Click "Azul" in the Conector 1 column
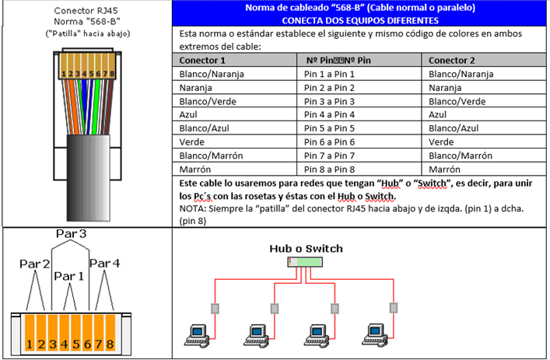coord(190,114)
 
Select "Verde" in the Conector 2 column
coord(441,142)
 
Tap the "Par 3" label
coord(71,233)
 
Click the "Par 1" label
coord(69,276)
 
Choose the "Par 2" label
coord(34,264)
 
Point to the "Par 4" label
coord(104,264)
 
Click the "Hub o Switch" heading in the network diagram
coord(306,249)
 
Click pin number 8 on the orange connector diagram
coord(110,343)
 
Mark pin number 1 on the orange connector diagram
coord(28,343)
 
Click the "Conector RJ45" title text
coord(87,11)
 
